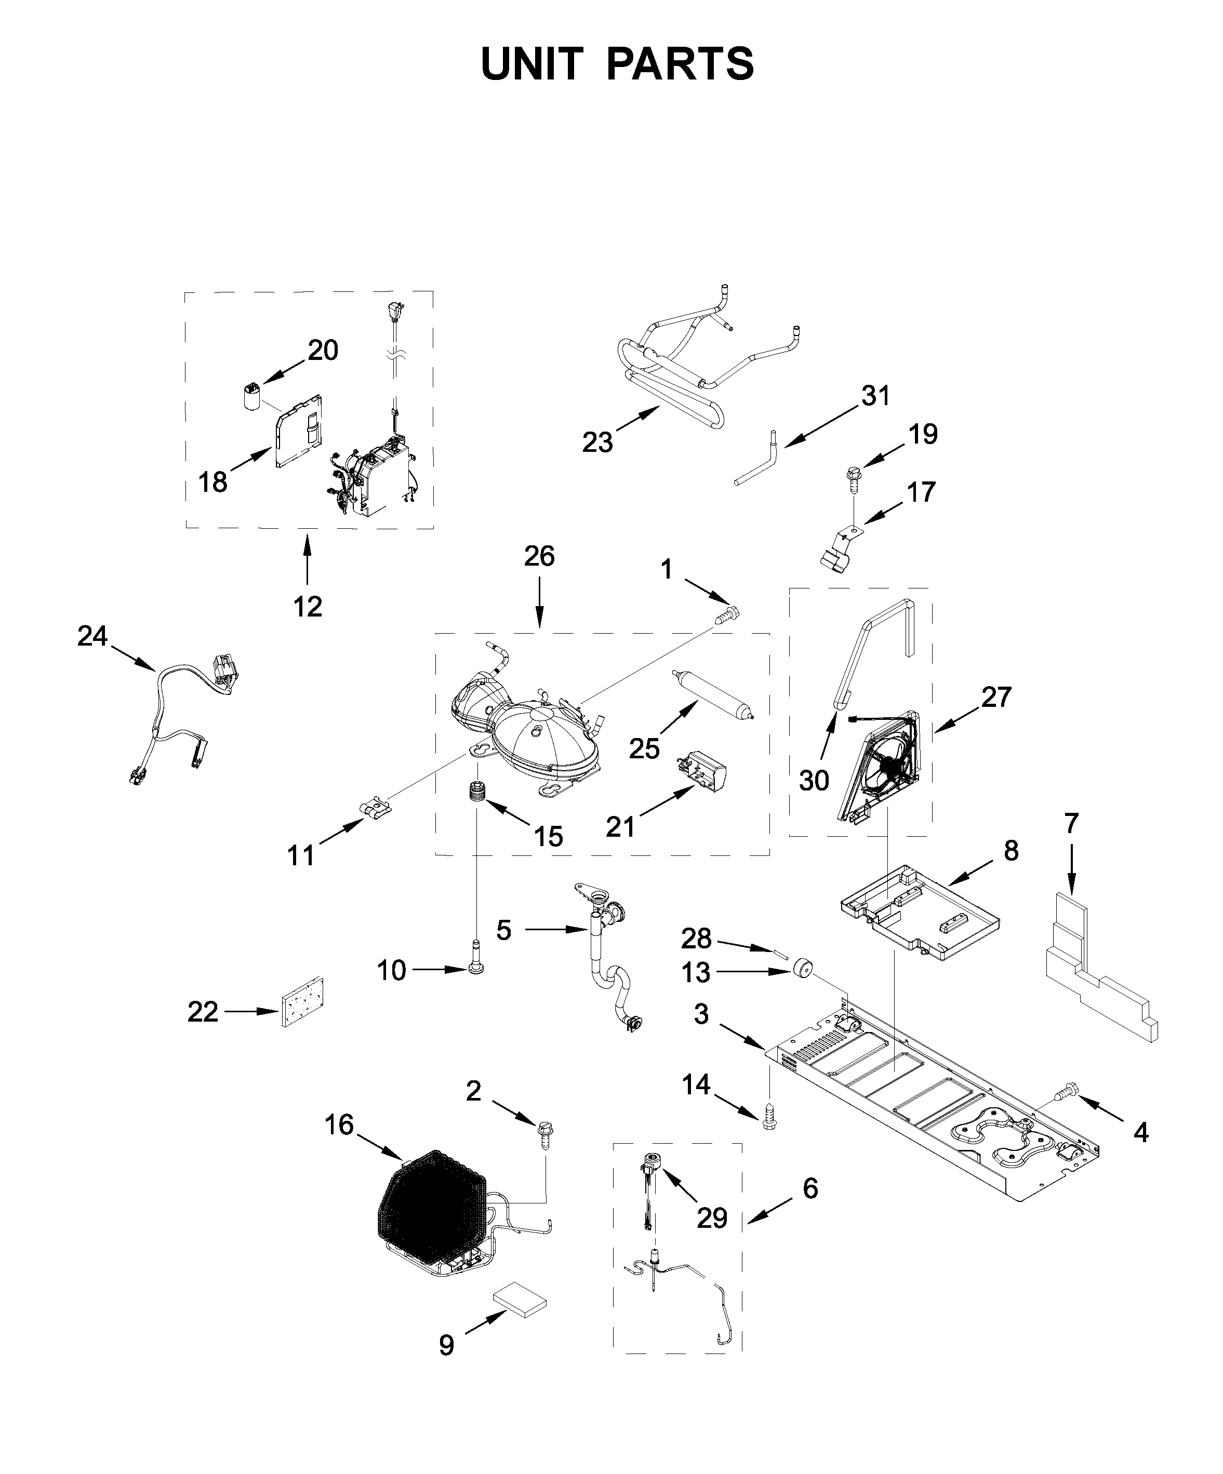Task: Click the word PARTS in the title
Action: tap(680, 64)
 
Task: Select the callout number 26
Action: tap(538, 556)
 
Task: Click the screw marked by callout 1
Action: tap(725, 615)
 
